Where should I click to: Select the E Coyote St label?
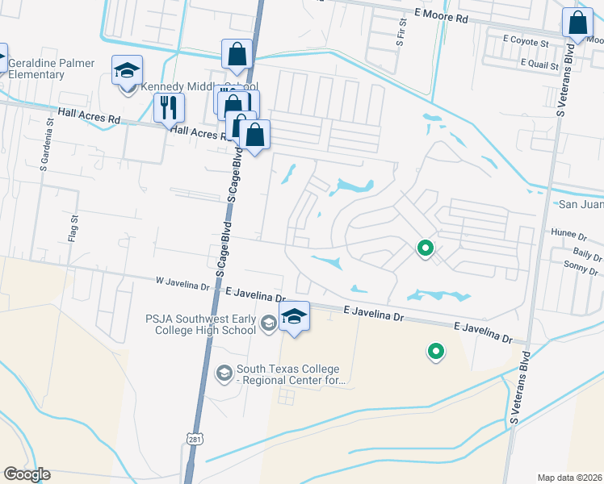click(525, 40)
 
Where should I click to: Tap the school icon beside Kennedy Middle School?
click(128, 72)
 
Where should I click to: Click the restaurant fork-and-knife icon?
click(169, 107)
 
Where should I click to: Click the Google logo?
click(27, 474)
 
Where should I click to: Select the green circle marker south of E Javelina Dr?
click(435, 351)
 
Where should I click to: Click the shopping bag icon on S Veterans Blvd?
click(577, 25)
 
